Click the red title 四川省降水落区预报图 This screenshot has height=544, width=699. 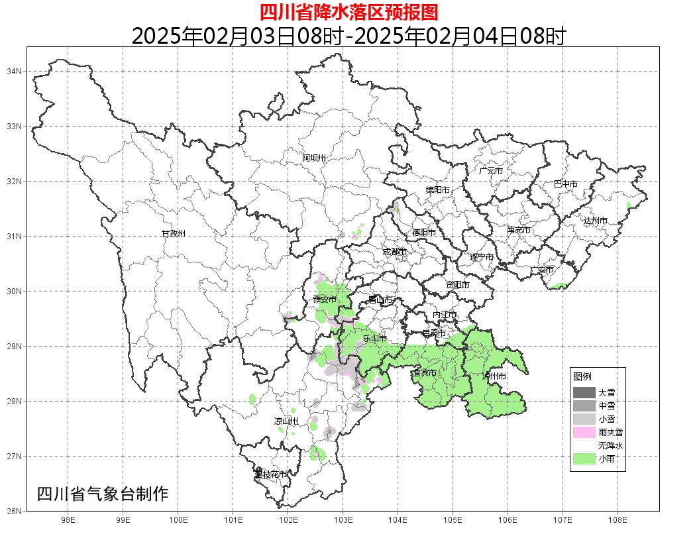[x=349, y=12]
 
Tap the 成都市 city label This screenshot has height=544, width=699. [x=394, y=252]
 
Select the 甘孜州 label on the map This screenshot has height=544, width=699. [x=174, y=234]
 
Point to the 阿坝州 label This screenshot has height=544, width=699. [x=314, y=158]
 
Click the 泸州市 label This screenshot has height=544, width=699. [x=494, y=376]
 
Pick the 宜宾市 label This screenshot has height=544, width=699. [x=424, y=374]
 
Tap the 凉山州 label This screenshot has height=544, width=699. [x=287, y=421]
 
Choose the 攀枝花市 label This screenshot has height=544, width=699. [x=272, y=474]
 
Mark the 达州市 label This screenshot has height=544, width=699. [x=596, y=221]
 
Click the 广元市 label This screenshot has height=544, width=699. [x=491, y=171]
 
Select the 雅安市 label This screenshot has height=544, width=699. [x=325, y=300]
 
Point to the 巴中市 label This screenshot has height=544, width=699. [x=566, y=184]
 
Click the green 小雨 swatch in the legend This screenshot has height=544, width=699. [x=584, y=459]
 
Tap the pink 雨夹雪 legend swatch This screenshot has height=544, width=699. [x=584, y=433]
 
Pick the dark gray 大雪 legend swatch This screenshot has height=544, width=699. [x=584, y=392]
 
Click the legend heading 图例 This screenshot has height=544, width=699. [x=582, y=376]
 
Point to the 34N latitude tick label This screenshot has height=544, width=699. [x=15, y=71]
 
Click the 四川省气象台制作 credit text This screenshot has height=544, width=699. [x=103, y=494]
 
